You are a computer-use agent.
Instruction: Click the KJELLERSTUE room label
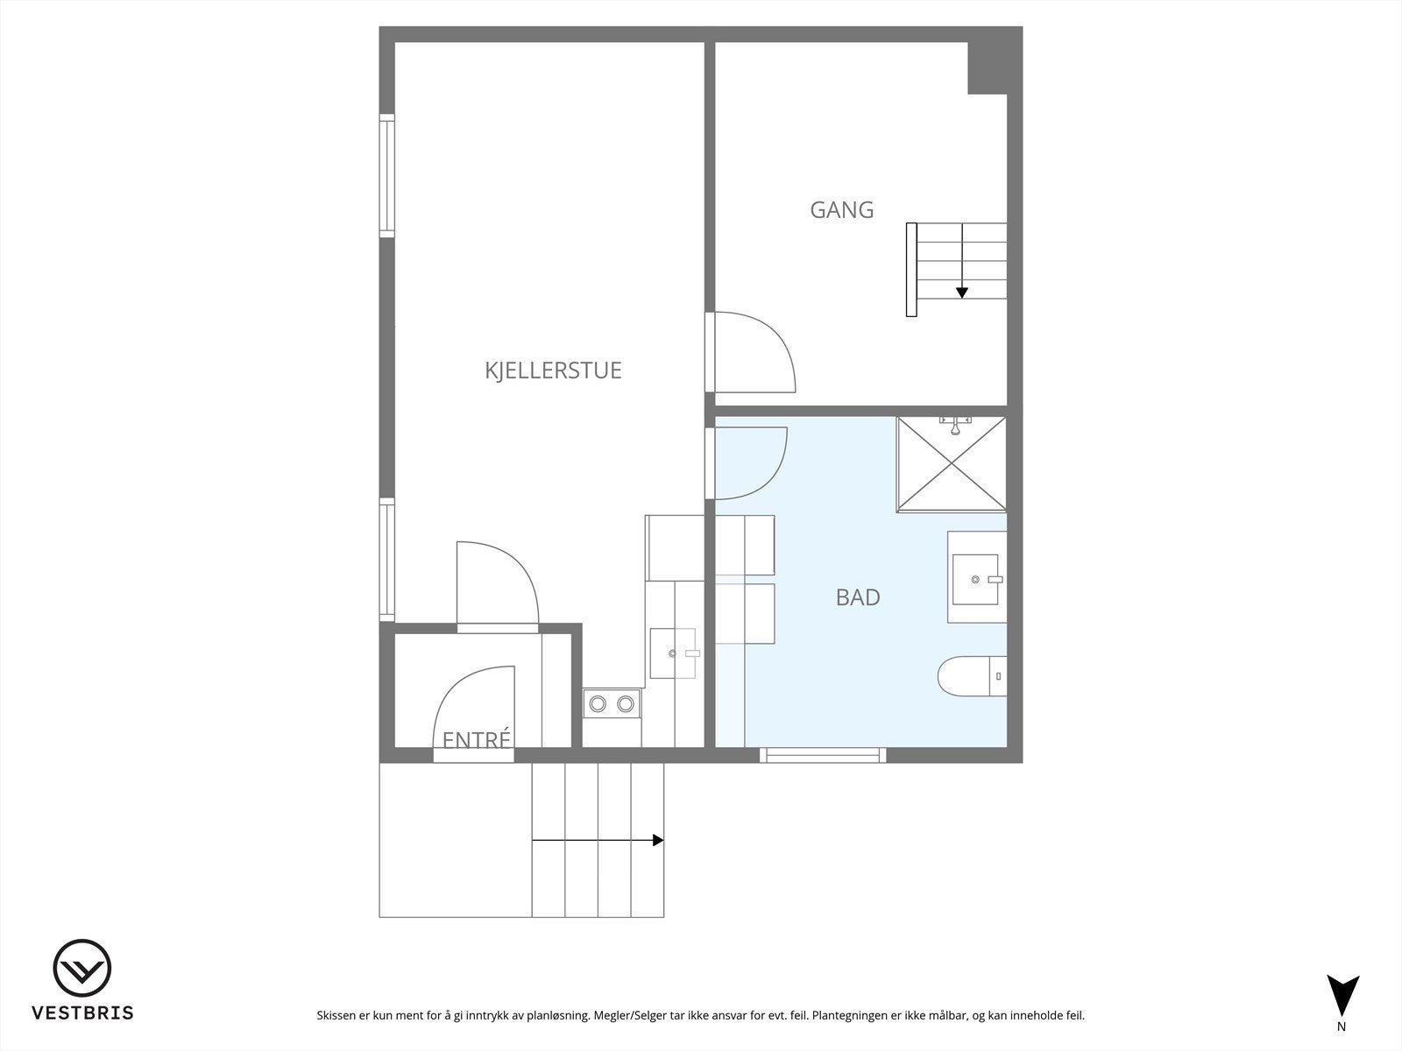click(553, 370)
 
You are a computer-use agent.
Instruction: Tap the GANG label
click(841, 210)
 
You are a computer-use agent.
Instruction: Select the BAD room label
click(857, 597)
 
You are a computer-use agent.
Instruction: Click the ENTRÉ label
click(476, 740)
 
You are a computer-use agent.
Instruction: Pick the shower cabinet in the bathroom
click(952, 464)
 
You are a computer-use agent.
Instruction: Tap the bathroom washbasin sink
click(975, 579)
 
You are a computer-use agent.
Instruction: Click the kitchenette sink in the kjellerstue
click(672, 653)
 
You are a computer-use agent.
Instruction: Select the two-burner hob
click(612, 703)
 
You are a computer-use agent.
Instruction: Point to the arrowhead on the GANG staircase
click(962, 293)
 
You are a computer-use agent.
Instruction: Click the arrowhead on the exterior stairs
click(658, 841)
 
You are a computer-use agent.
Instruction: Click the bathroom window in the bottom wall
click(823, 755)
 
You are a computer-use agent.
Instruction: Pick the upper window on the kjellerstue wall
click(386, 175)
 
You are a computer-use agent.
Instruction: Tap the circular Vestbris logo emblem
click(82, 970)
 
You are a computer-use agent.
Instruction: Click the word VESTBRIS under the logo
click(82, 1013)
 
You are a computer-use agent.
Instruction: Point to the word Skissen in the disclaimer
click(336, 1016)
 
